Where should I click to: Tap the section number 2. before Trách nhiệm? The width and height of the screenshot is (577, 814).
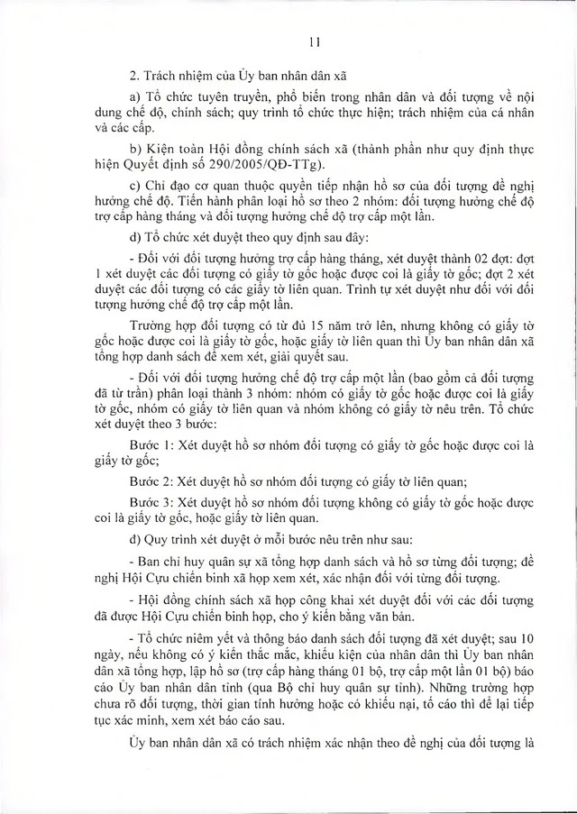tap(134, 77)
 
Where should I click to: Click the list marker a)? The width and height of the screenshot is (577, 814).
tap(134, 98)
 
